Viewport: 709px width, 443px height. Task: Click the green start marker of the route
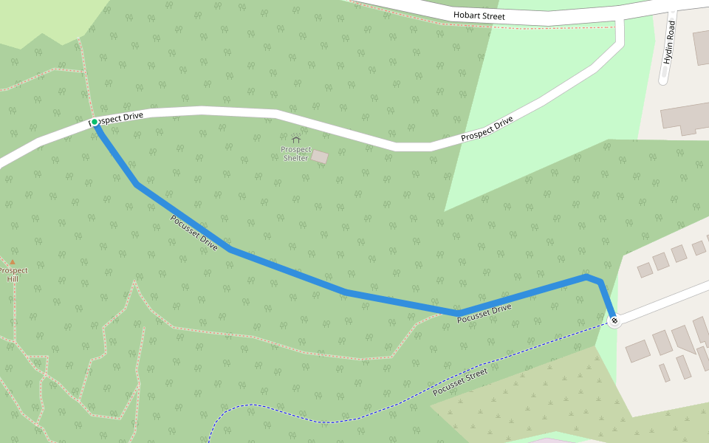pos(95,122)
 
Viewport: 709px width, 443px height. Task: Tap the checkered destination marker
pos(614,320)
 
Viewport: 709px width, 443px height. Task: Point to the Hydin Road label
pos(669,42)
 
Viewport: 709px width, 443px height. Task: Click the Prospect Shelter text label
pos(295,154)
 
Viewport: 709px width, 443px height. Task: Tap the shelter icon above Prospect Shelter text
pos(296,139)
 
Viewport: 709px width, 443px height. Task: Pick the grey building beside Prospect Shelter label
pos(319,157)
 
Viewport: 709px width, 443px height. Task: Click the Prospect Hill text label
pos(13,275)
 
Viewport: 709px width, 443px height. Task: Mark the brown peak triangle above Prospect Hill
pos(13,261)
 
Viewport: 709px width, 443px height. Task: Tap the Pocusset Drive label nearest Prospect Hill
pos(194,233)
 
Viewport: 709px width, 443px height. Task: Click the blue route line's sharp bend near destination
pos(600,282)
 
